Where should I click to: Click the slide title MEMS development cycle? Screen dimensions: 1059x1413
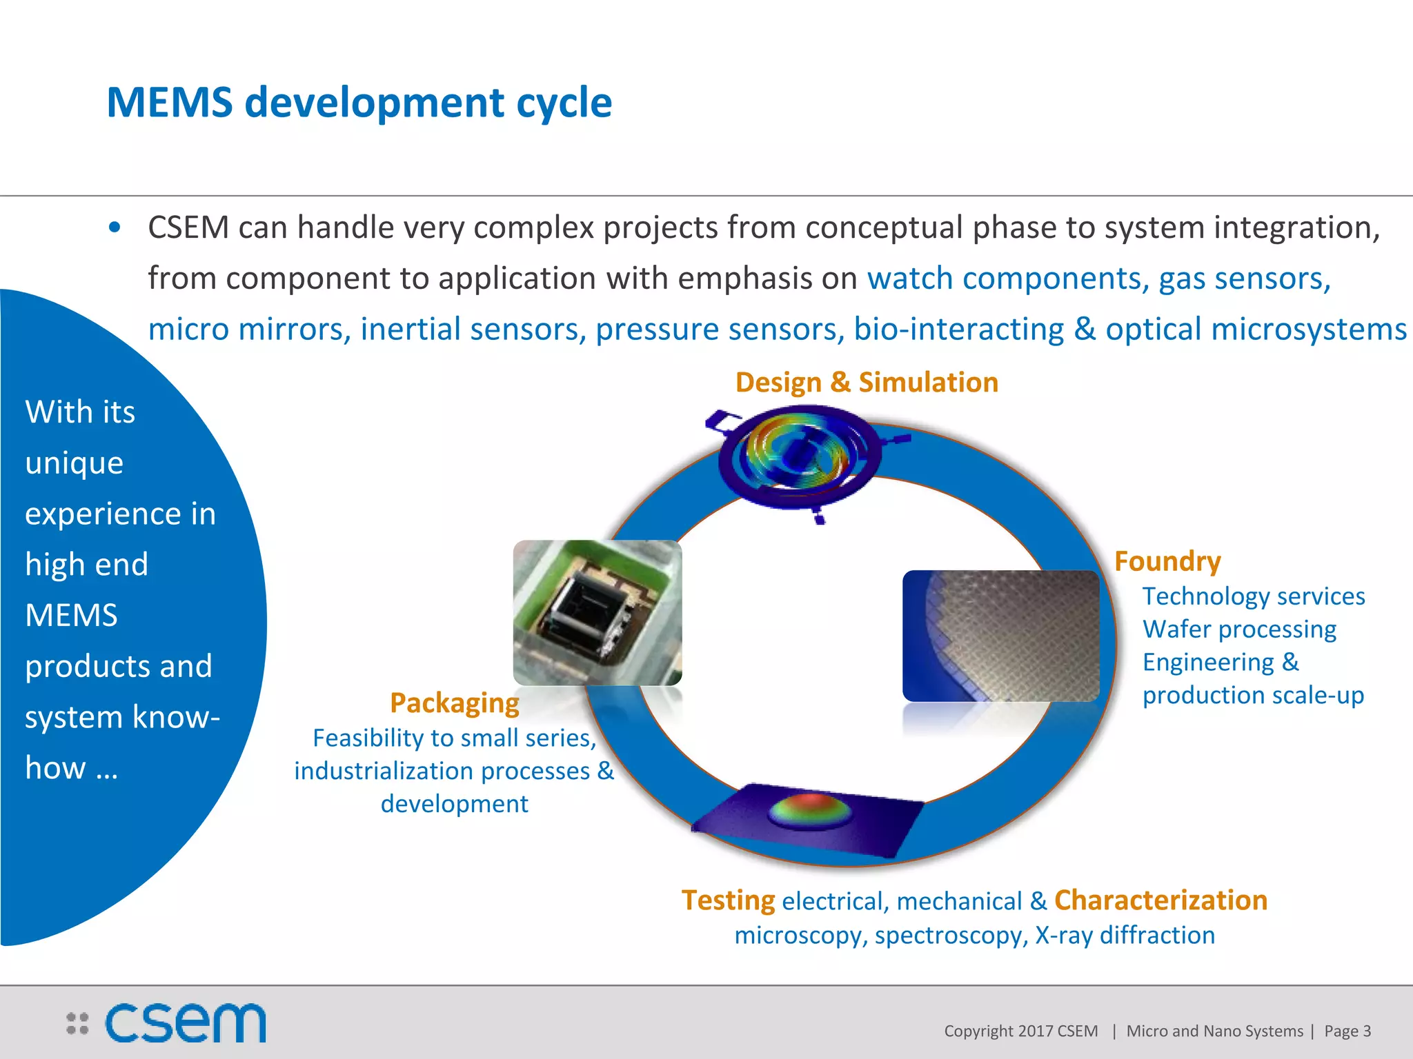click(x=359, y=103)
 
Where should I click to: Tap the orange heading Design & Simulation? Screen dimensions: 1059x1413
click(x=867, y=383)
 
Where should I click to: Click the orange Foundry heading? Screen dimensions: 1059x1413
click(x=1167, y=561)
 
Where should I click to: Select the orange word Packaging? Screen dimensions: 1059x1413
click(x=454, y=703)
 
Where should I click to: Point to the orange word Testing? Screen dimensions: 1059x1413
click(x=728, y=900)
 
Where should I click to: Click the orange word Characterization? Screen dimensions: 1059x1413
click(x=1160, y=900)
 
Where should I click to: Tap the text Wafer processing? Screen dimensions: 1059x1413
click(x=1239, y=629)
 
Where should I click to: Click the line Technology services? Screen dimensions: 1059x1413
click(x=1253, y=596)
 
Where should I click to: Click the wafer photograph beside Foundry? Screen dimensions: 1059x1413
click(x=1000, y=636)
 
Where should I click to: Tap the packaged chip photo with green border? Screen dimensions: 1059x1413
click(x=597, y=612)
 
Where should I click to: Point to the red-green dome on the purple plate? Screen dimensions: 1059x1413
click(x=811, y=811)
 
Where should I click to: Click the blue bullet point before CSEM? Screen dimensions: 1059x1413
click(x=115, y=228)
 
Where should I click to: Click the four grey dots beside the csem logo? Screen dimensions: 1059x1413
click(x=77, y=1023)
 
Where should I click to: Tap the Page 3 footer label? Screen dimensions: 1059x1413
click(x=1347, y=1031)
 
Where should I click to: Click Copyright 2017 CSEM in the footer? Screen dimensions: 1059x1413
click(x=1020, y=1031)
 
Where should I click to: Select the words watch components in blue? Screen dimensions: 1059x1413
click(x=1007, y=279)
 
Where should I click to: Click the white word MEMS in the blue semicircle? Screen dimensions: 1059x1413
click(x=71, y=615)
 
